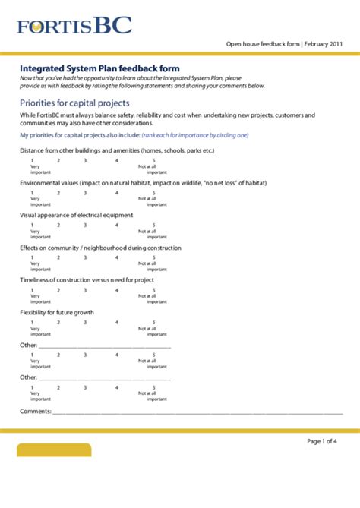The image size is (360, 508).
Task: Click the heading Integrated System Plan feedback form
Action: pyautogui.click(x=94, y=68)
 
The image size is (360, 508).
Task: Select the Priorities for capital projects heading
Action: pyautogui.click(x=74, y=103)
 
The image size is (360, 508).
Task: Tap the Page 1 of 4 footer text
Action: pyautogui.click(x=322, y=441)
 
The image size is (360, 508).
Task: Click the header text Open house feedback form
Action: pyautogui.click(x=262, y=44)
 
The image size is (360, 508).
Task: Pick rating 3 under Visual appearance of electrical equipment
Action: pyautogui.click(x=85, y=226)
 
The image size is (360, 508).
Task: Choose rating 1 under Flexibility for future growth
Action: pyautogui.click(x=32, y=322)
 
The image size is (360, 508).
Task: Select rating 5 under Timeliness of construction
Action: pyautogui.click(x=153, y=290)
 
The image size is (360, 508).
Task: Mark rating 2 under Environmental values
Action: pyautogui.click(x=58, y=193)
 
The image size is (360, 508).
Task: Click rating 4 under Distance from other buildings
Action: pyautogui.click(x=117, y=161)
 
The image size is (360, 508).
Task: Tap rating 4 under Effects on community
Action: pyautogui.click(x=117, y=257)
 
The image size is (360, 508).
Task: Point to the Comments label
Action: pyautogui.click(x=35, y=411)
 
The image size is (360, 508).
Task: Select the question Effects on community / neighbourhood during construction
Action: pyautogui.click(x=100, y=248)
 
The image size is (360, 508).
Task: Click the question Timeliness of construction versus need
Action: pyautogui.click(x=87, y=279)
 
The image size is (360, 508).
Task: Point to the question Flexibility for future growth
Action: pyautogui.click(x=57, y=312)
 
